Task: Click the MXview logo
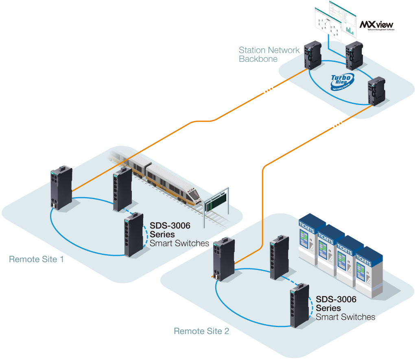[377, 25]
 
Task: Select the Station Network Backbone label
[269, 55]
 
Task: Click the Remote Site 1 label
[36, 259]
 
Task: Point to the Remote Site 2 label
[201, 331]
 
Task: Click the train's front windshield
[194, 193]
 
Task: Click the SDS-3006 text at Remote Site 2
[336, 300]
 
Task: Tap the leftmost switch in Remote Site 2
[223, 259]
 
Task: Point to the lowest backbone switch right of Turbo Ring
[374, 91]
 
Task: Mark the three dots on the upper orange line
[268, 91]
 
